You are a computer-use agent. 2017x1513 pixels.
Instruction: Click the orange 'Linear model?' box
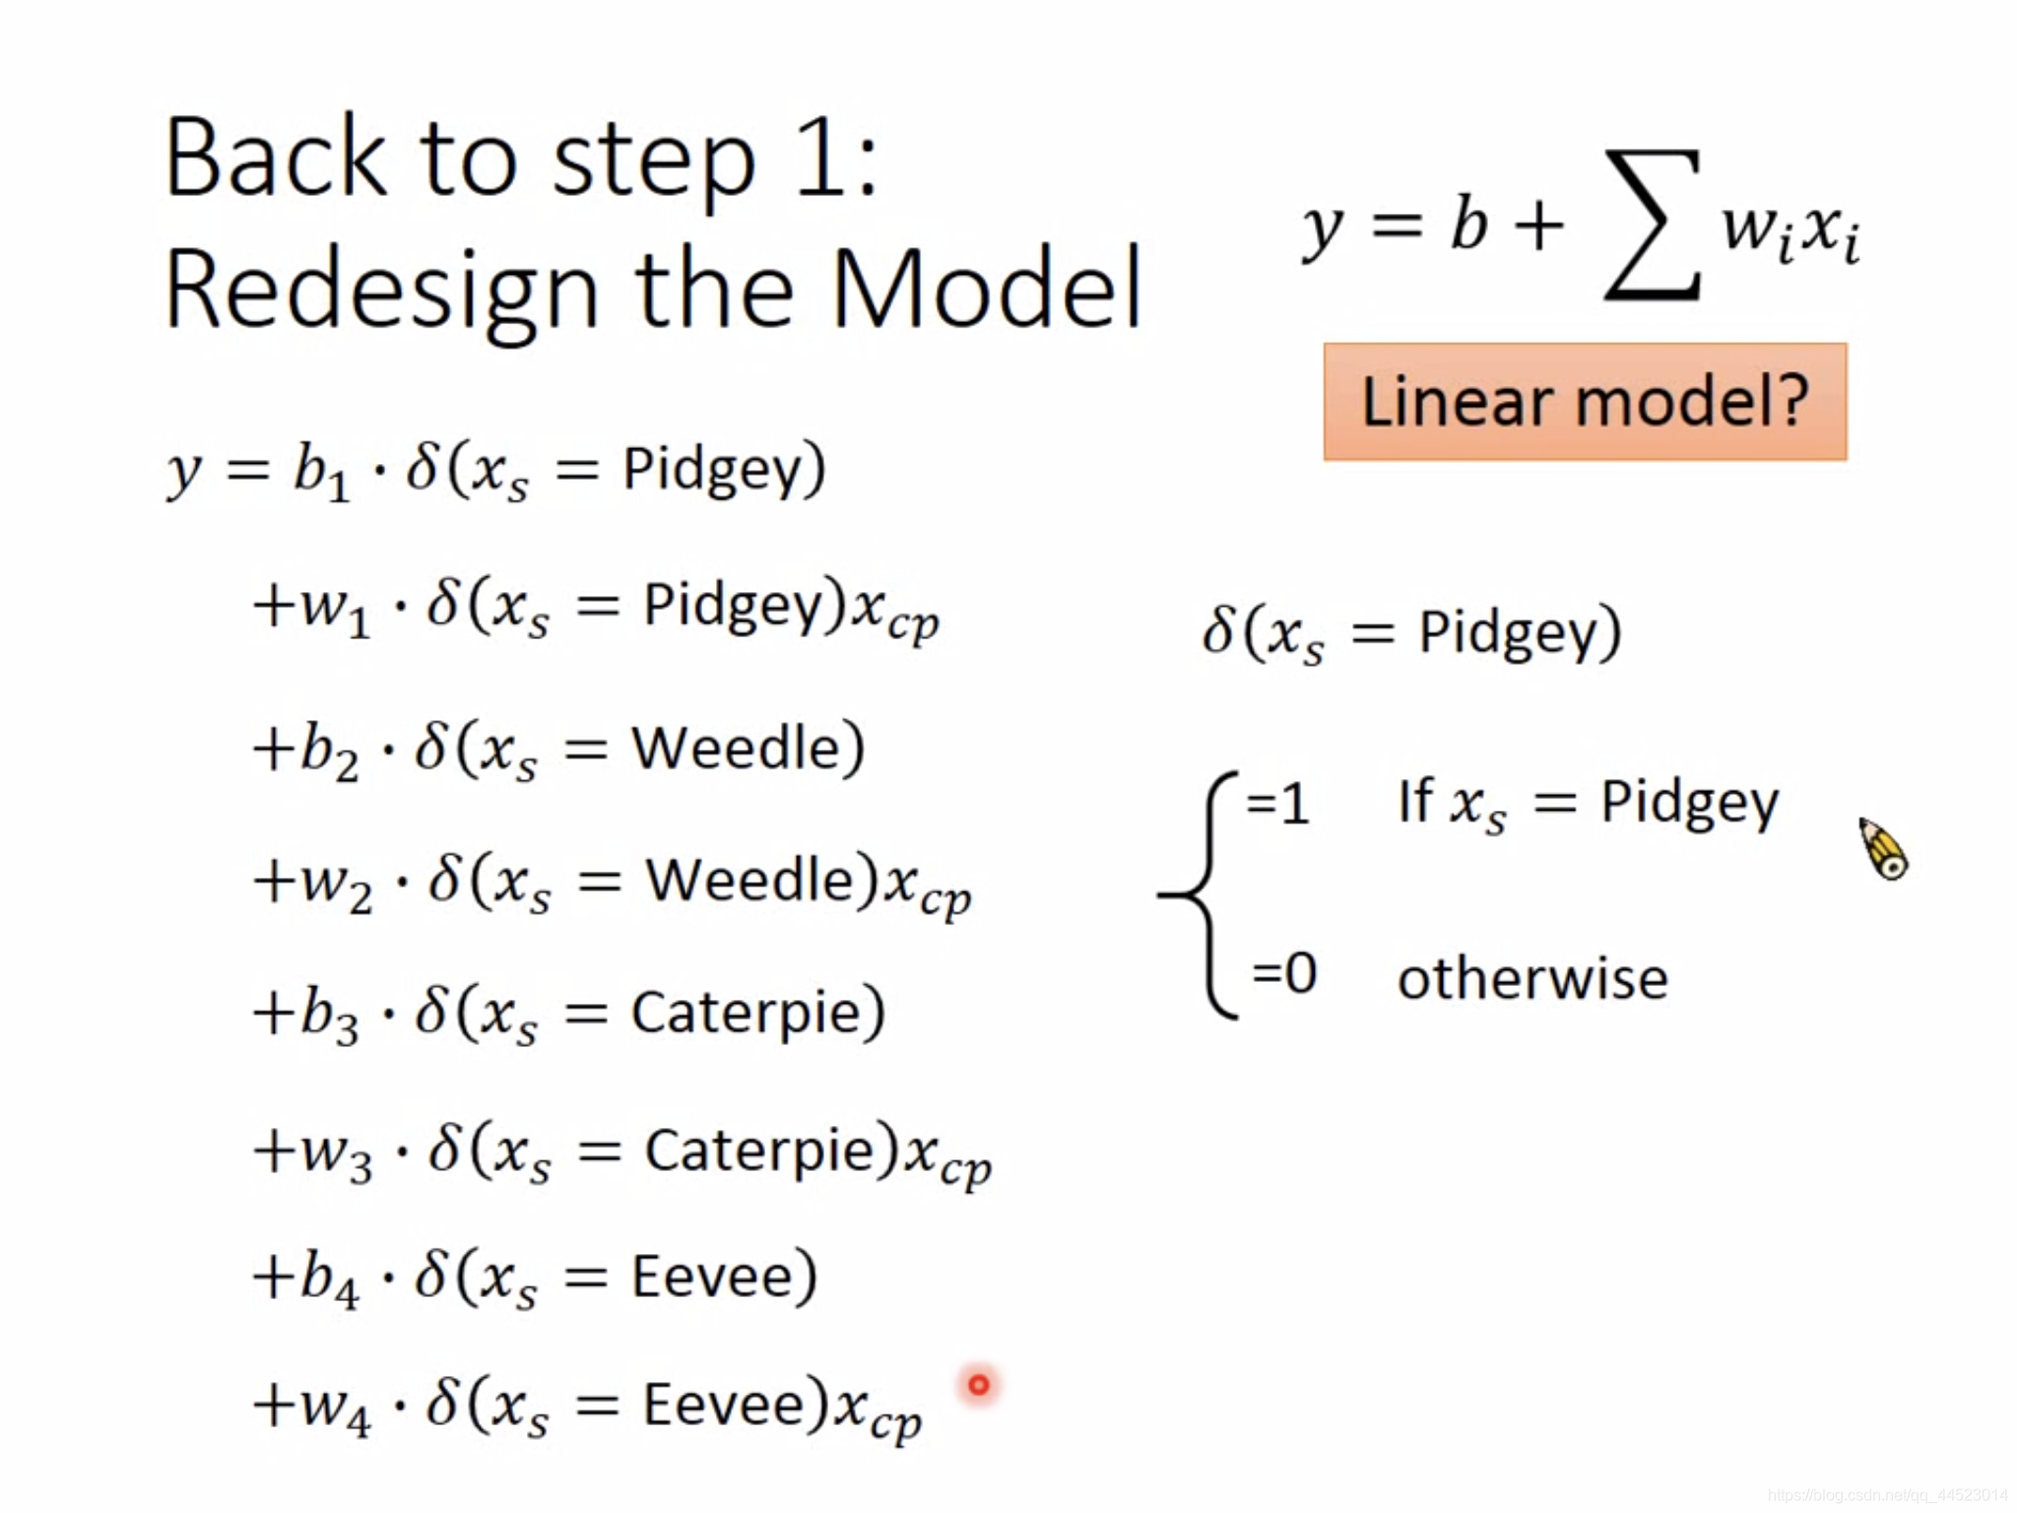[1584, 402]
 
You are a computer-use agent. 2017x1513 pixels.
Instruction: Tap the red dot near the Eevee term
[978, 1385]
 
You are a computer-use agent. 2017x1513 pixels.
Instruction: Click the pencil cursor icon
[1883, 848]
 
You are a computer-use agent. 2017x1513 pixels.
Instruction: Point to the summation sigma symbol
[1652, 225]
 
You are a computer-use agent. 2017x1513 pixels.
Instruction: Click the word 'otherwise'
[1532, 978]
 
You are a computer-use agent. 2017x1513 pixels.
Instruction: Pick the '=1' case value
[1277, 803]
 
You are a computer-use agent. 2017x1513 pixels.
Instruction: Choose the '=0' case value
[1283, 973]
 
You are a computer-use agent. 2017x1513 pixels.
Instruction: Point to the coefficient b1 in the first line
[321, 471]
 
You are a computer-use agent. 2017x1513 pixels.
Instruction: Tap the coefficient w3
[336, 1153]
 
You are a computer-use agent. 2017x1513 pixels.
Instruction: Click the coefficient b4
[329, 1279]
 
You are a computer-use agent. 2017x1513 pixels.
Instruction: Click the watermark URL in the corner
[1887, 1495]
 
